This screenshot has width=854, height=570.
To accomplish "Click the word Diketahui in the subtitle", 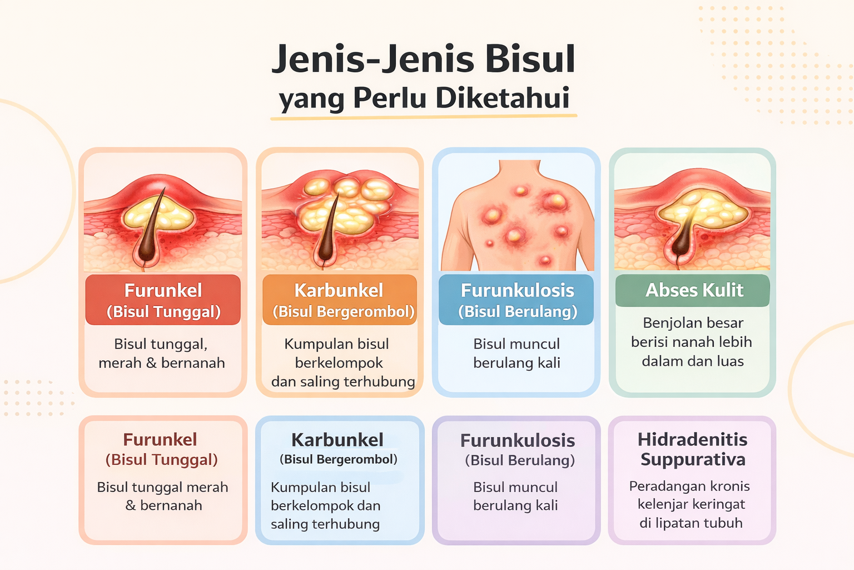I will pyautogui.click(x=502, y=98).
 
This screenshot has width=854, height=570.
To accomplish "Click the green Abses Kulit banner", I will pyautogui.click(x=693, y=290).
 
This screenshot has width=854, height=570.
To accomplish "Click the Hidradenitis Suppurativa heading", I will pyautogui.click(x=692, y=449).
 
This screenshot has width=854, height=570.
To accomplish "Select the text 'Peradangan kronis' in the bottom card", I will pyautogui.click(x=689, y=486).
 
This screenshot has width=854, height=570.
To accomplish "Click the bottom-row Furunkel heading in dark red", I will pyautogui.click(x=160, y=440).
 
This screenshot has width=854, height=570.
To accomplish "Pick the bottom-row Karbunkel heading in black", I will pyautogui.click(x=337, y=440).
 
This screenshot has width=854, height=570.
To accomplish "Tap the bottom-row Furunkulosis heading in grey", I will pyautogui.click(x=517, y=440).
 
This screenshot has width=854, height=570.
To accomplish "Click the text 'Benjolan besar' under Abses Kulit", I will pyautogui.click(x=693, y=323).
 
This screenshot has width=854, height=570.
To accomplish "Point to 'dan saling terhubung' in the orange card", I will pyautogui.click(x=343, y=382).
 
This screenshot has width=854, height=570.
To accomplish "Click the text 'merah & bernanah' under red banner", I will pyautogui.click(x=162, y=363).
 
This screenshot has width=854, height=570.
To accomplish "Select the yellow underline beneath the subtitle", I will pyautogui.click(x=424, y=116).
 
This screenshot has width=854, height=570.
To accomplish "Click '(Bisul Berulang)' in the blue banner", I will pyautogui.click(x=517, y=312).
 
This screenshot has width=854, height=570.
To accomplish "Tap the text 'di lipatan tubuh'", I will pyautogui.click(x=691, y=523).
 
